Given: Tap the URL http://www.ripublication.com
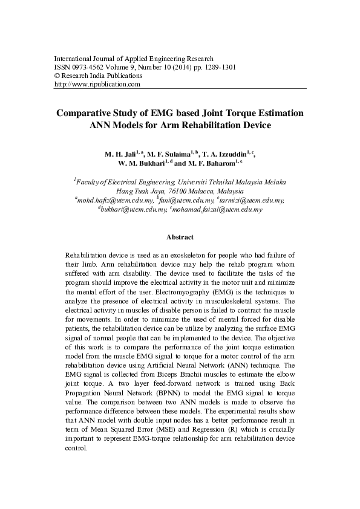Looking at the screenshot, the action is point(97,85).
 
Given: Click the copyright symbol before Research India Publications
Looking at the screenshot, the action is point(57,76).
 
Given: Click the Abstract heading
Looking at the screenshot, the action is point(180,238).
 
